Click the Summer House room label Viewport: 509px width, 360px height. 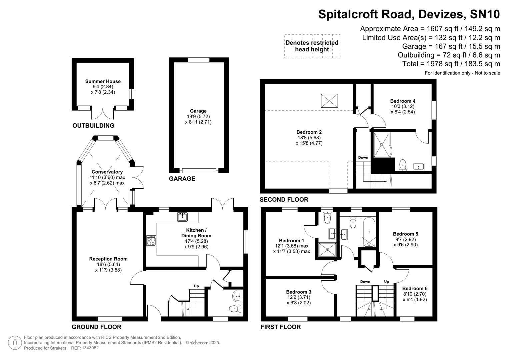click(103, 81)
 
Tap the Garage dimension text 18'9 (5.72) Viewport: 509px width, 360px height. click(198, 117)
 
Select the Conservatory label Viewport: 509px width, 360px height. click(107, 172)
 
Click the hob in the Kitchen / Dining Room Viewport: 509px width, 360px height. click(151, 241)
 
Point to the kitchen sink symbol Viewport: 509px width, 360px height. click(182, 217)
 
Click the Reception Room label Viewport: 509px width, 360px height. click(108, 259)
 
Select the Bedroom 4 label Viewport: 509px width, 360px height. click(403, 101)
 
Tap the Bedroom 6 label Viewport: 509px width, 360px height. click(415, 289)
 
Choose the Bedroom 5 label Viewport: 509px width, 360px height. click(405, 234)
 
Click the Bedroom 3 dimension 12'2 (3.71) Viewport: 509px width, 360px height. click(299, 297)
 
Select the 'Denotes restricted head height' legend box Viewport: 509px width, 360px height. click(312, 46)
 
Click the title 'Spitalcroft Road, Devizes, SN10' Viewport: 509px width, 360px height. click(409, 14)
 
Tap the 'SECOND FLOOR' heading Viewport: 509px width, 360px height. click(284, 200)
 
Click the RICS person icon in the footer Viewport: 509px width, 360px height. click(15, 343)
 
